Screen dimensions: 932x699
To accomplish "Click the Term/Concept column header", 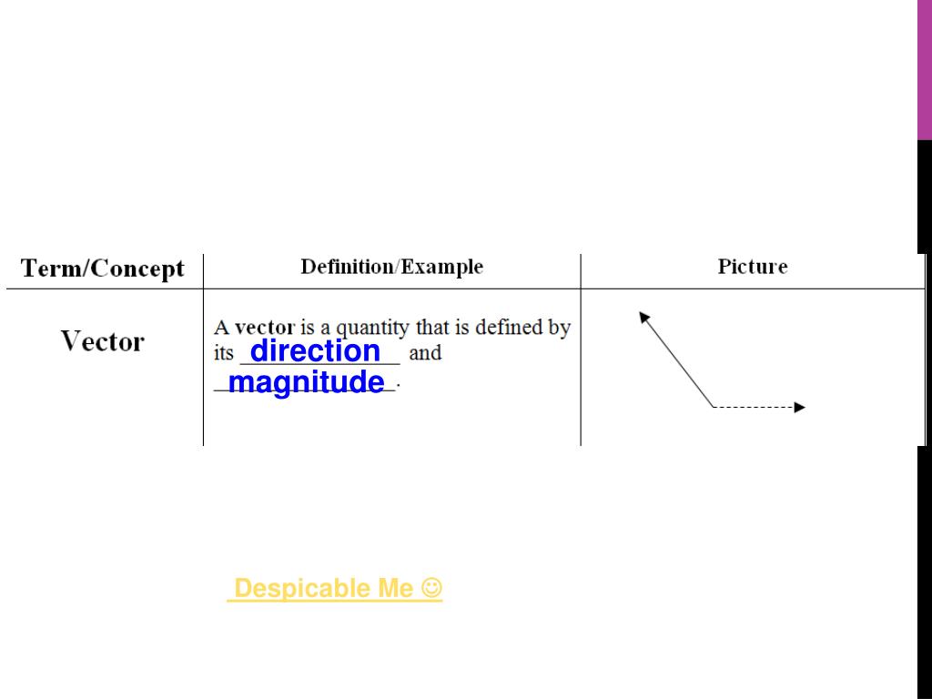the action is [102, 268].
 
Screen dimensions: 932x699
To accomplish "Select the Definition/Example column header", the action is [391, 267].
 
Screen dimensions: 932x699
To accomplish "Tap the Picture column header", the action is [752, 267].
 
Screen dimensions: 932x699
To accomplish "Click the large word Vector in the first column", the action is [102, 342].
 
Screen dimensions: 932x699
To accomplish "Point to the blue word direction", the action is [315, 350].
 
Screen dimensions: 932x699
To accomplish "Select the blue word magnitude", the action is [306, 382].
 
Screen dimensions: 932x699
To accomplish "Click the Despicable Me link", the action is [324, 589].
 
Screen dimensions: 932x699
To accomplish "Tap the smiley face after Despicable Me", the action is [432, 588].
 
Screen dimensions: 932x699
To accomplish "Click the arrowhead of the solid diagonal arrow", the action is [643, 317].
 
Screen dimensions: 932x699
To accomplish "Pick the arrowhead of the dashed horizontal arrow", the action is [800, 407].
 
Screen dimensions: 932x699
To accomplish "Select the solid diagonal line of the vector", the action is [679, 361].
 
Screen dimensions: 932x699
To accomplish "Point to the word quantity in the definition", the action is [373, 328].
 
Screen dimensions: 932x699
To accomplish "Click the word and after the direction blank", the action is [425, 353].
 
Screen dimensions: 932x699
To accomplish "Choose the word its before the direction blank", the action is [224, 353].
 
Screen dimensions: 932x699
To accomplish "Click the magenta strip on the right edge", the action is [924, 69].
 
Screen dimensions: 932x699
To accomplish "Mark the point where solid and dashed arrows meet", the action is [713, 407].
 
